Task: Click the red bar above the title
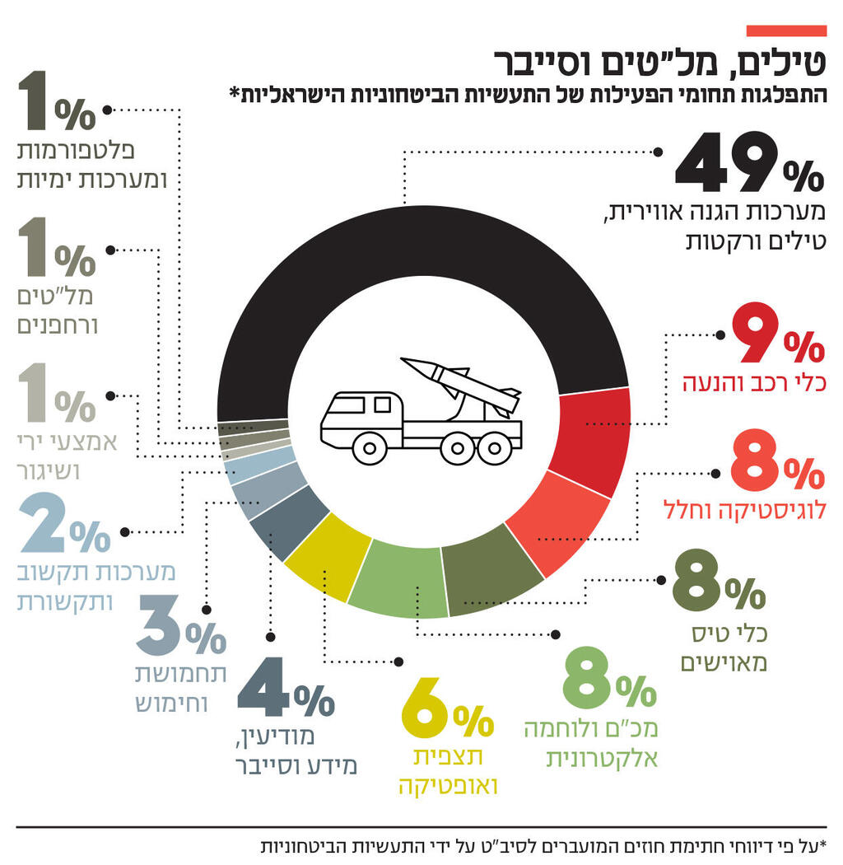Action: (785, 30)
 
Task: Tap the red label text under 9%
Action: (753, 383)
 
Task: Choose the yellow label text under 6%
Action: (449, 771)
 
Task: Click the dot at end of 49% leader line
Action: (657, 152)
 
